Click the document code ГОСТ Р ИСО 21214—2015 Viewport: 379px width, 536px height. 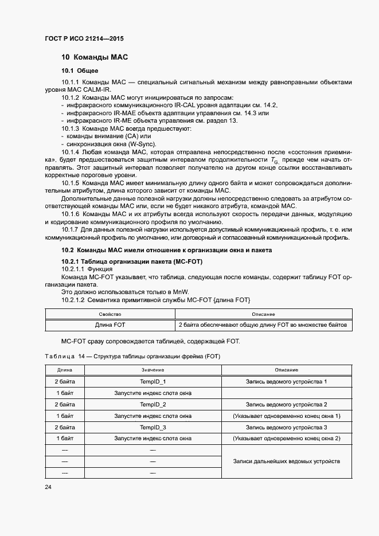point(84,39)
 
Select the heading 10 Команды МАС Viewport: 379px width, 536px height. point(94,57)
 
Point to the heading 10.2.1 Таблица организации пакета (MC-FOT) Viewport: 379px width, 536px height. point(132,261)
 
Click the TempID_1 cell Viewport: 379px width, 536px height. point(153,382)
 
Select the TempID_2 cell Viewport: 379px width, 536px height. point(153,405)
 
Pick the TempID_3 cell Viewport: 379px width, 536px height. point(153,428)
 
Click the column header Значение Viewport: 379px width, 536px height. point(153,370)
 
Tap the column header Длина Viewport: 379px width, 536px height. point(64,370)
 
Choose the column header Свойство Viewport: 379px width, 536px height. point(110,314)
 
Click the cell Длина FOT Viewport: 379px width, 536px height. point(110,325)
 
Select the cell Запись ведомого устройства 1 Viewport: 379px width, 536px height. point(286,382)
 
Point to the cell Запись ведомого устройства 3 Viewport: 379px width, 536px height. point(286,428)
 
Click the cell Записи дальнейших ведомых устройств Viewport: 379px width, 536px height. point(286,461)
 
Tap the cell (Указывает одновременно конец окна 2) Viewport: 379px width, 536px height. point(286,439)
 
